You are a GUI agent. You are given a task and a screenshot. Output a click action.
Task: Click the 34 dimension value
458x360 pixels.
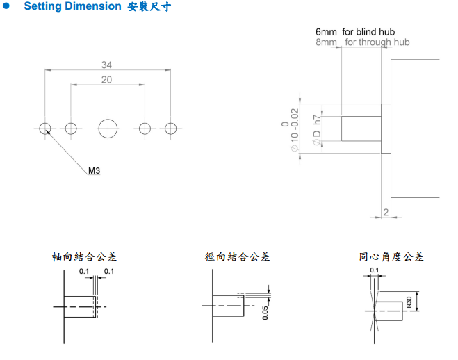[106, 65]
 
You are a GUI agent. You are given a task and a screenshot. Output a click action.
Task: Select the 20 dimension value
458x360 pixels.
[106, 80]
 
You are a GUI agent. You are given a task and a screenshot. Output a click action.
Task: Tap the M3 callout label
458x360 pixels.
[95, 170]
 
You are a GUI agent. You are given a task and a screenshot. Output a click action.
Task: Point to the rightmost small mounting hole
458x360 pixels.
[171, 128]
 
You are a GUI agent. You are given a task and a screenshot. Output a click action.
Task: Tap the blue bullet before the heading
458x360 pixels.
[8, 7]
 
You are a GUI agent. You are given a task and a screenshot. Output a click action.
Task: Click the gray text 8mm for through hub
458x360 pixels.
[362, 42]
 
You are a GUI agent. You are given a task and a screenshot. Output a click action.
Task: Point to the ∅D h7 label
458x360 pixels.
[317, 129]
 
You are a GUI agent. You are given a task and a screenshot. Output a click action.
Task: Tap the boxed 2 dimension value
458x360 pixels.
[386, 212]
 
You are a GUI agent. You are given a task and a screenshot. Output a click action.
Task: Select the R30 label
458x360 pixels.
[409, 302]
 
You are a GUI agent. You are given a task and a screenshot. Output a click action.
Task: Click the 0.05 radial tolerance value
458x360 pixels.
[265, 313]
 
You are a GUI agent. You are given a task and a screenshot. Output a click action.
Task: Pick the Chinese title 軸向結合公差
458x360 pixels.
[84, 256]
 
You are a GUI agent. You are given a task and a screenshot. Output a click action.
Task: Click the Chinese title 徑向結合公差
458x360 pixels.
[237, 256]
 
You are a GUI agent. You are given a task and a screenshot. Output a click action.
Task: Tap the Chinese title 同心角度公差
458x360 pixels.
[391, 256]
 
